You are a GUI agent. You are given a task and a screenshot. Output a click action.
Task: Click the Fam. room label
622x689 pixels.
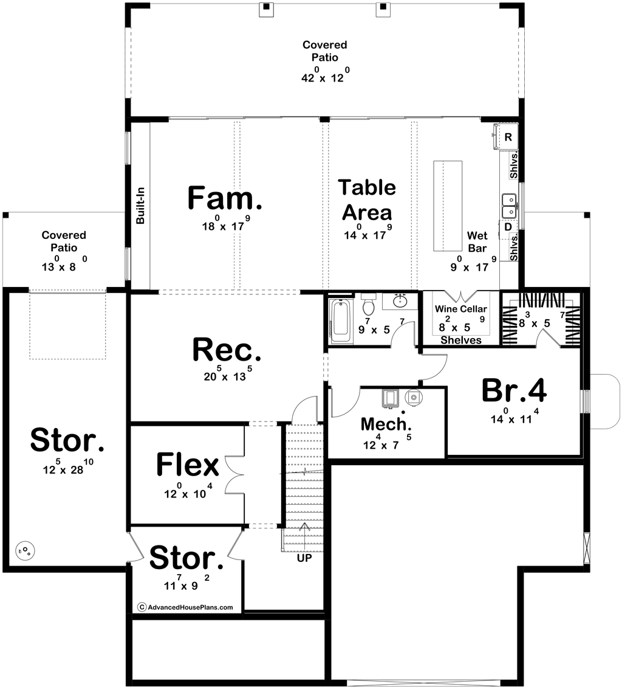coord(225,198)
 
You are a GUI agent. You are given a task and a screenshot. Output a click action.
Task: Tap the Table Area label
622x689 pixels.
coord(367,200)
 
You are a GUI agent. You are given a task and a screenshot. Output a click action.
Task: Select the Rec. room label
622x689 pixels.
coord(227,350)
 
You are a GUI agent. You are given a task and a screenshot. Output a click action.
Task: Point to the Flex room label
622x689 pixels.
coord(188,465)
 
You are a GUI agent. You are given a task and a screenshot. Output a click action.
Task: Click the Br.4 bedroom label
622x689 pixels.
coord(514,390)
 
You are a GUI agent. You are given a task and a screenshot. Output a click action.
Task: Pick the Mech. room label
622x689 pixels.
coord(386,424)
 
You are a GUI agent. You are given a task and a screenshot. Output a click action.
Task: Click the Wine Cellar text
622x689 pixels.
coord(461,309)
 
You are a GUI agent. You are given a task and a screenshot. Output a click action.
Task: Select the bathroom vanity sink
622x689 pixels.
coord(400,302)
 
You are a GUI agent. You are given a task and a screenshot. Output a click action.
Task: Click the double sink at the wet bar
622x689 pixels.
coord(509,206)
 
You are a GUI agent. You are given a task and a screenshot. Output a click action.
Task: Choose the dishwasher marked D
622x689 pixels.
coord(508,227)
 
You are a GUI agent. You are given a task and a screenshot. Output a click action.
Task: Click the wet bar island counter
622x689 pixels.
coord(448,206)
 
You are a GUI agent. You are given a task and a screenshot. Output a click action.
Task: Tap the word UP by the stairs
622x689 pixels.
coord(304,558)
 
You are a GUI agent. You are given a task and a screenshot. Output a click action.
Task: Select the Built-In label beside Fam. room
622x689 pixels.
coord(140,206)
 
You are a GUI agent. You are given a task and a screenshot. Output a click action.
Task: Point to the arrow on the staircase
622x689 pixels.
coord(304,534)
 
